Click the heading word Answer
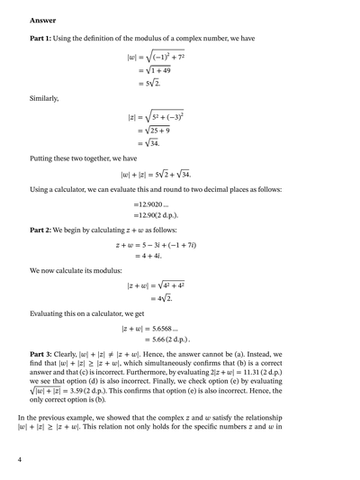(x=42, y=19)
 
